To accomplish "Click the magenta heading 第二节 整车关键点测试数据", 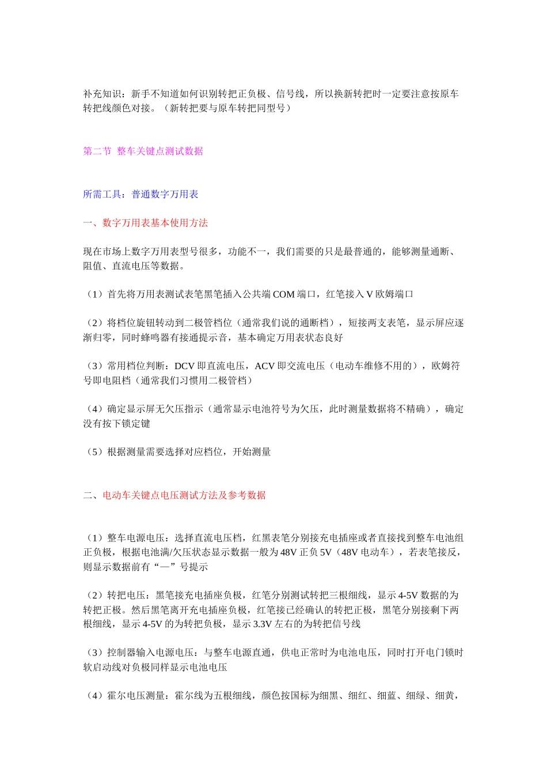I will (x=143, y=151).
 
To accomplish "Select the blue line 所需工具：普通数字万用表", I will (x=140, y=195).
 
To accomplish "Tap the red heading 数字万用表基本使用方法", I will (x=155, y=223).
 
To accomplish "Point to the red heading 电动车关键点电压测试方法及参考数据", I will (x=184, y=495).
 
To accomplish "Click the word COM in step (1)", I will (x=283, y=294).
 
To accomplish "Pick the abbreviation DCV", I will (x=184, y=366).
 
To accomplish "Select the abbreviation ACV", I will (x=265, y=366).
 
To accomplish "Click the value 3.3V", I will (x=262, y=624).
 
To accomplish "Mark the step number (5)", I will (x=95, y=452).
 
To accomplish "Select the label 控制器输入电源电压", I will (x=150, y=653).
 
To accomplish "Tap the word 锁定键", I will (x=136, y=424).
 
